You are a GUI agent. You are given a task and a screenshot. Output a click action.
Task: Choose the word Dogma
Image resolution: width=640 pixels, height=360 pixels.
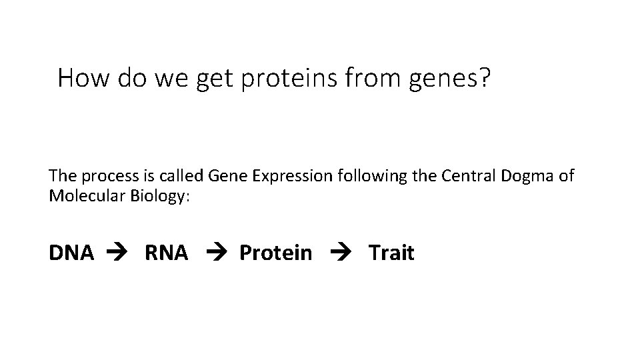pyautogui.click(x=517, y=178)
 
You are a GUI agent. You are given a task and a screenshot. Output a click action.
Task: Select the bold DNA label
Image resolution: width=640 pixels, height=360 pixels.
pyautogui.click(x=71, y=253)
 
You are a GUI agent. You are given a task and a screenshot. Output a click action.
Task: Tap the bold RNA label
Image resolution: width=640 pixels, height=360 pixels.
pyautogui.click(x=166, y=253)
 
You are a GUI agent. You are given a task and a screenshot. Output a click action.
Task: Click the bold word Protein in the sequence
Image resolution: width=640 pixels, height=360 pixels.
pyautogui.click(x=275, y=253)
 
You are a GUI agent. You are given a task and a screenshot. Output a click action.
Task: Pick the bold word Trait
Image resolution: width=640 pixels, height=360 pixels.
pyautogui.click(x=391, y=253)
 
